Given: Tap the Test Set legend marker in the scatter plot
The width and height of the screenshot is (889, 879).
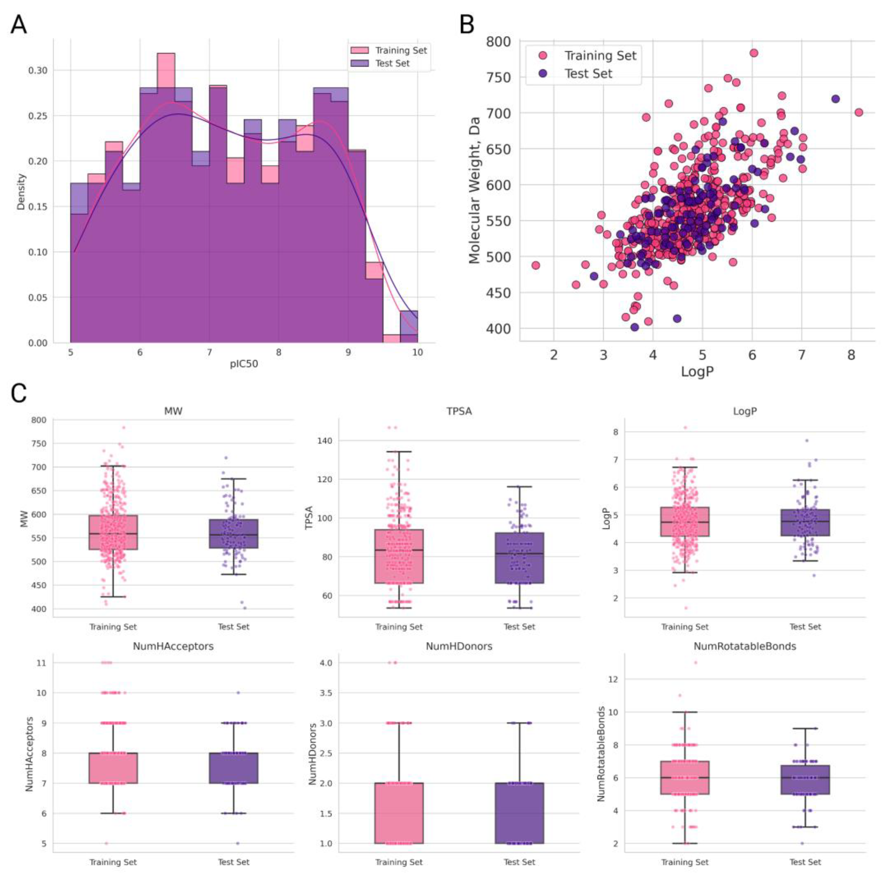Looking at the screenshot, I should tap(543, 73).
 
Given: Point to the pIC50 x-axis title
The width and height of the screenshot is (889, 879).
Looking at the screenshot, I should tap(244, 364).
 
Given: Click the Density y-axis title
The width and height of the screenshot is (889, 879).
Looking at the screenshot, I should tap(21, 192).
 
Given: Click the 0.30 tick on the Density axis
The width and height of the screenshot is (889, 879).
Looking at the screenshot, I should tap(38, 70).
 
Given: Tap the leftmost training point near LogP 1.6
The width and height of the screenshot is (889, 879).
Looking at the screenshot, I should tap(536, 265).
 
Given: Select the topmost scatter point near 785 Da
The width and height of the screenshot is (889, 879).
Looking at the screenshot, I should tap(754, 53).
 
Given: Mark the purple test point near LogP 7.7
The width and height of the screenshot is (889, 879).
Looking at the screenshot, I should tap(836, 99).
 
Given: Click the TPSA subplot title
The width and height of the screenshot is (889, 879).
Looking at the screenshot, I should tap(459, 411).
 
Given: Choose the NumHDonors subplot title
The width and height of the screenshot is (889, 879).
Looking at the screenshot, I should tap(459, 646).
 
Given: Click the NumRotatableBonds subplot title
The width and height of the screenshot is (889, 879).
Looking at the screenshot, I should tap(744, 646).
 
